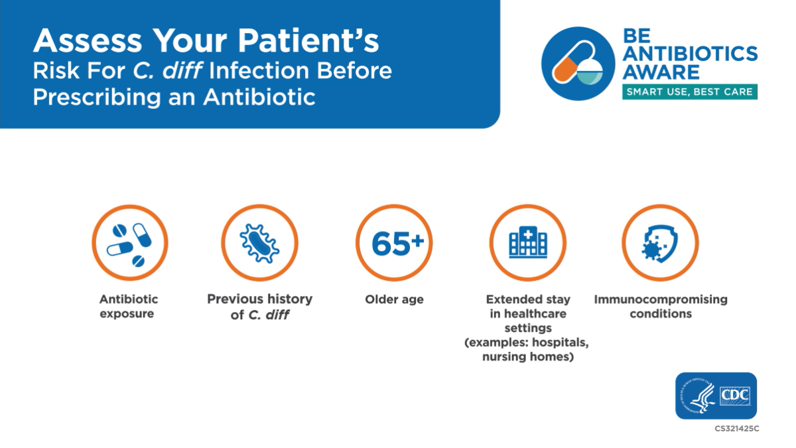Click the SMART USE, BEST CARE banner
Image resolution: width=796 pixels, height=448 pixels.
coord(690,92)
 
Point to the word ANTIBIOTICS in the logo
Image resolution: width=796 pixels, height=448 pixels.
coord(690,53)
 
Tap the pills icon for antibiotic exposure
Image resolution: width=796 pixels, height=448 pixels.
coord(129,243)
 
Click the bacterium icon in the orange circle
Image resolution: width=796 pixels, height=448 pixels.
coord(259,243)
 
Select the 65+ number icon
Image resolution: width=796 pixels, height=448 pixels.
coord(394,243)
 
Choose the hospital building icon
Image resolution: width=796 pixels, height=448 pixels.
coord(527,243)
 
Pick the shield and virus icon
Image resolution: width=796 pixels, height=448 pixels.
coord(659,243)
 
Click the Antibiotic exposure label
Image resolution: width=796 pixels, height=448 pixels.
coord(129,307)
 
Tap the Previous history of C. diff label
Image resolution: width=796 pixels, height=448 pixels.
coord(259,307)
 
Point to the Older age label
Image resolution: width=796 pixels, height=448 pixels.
coord(394,299)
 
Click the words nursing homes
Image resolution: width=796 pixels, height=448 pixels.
coord(527,357)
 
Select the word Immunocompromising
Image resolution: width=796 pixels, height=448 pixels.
coord(660,299)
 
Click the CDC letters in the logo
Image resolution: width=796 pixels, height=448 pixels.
coord(735,396)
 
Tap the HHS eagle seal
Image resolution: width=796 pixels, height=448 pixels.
coord(698,396)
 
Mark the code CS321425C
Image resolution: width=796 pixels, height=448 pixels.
coord(736,429)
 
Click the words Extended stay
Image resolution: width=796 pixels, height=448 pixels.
coord(527,299)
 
